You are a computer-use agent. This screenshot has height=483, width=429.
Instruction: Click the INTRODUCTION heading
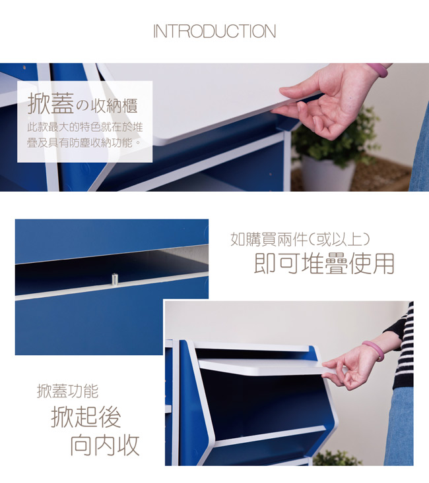click(214, 32)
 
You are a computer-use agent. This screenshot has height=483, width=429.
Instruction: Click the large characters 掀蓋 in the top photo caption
click(51, 103)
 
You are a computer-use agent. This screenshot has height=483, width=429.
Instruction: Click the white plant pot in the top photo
click(328, 173)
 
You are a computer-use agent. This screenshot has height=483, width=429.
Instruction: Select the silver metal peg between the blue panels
click(114, 279)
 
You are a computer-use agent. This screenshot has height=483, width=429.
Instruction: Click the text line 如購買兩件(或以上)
click(300, 239)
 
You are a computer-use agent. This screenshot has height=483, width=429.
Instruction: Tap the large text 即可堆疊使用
click(324, 264)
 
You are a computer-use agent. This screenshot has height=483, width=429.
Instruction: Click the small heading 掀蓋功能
click(67, 391)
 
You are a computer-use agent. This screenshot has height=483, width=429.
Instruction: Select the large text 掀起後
click(86, 416)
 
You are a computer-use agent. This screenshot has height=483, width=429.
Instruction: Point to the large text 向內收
click(105, 445)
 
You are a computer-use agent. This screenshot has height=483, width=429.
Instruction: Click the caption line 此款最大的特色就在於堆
click(85, 127)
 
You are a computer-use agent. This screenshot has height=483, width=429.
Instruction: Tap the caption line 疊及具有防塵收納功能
click(84, 142)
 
